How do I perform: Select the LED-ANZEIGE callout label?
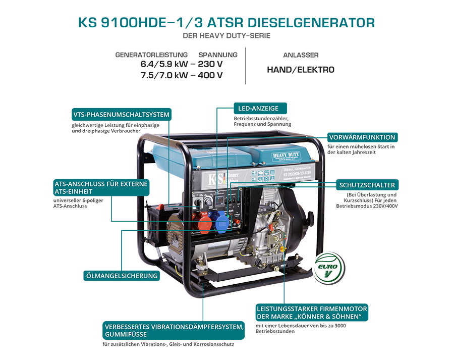tap(260, 108)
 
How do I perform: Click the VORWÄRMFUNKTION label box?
tap(362, 137)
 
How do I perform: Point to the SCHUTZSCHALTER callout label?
tap(367, 185)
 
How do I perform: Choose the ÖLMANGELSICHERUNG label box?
tap(122, 276)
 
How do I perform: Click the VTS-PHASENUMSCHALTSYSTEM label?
tap(121, 115)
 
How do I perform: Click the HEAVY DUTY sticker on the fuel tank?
tap(287, 154)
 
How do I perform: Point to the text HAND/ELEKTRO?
tap(300, 70)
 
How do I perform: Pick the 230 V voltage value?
tap(210, 65)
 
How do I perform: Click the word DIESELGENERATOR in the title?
tap(309, 23)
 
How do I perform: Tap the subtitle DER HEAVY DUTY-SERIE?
tap(226, 36)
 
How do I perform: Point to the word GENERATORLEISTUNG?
tap(151, 55)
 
